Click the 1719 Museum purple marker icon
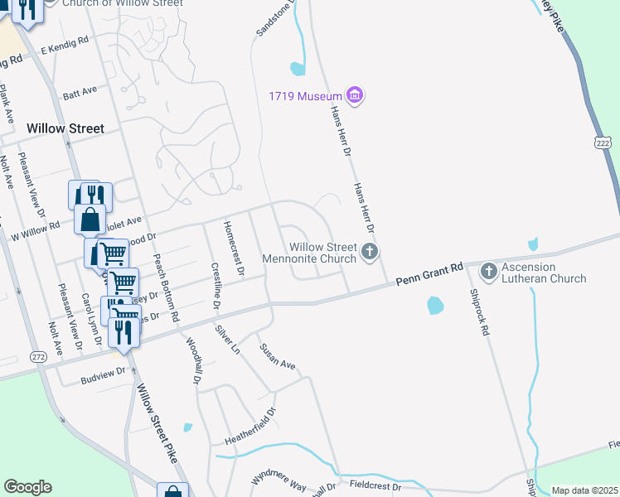tap(355, 96)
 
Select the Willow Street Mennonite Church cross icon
tap(371, 250)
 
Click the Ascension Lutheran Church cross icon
tap(488, 271)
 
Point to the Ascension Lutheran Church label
tap(543, 273)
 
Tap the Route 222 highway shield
tap(603, 143)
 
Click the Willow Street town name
tap(65, 128)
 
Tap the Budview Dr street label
tap(103, 372)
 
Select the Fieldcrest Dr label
tap(375, 486)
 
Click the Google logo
tap(27, 487)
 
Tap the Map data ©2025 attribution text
tap(584, 490)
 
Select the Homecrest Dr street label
tap(235, 248)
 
